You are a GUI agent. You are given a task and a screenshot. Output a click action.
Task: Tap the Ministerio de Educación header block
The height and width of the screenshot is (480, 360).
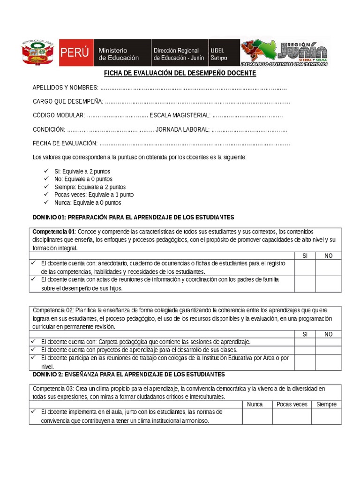pyautogui.click(x=119, y=53)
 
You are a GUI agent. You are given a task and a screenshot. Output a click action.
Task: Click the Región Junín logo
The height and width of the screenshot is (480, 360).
pyautogui.click(x=284, y=53)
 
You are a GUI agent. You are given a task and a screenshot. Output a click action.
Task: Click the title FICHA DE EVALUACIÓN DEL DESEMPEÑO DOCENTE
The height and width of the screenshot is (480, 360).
pyautogui.click(x=180, y=74)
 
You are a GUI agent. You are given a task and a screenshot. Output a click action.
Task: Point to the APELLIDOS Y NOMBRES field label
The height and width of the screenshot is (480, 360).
pyautogui.click(x=65, y=88)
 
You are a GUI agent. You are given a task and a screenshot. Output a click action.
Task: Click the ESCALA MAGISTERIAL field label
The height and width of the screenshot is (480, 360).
pyautogui.click(x=180, y=115)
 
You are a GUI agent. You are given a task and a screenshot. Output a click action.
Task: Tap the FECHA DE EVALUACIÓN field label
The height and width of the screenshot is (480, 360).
pyautogui.click(x=65, y=143)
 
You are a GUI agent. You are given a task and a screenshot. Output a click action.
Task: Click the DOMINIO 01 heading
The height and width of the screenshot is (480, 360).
pyautogui.click(x=133, y=217)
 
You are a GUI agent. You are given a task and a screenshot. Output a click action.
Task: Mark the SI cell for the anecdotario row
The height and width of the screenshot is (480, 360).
pyautogui.click(x=305, y=267)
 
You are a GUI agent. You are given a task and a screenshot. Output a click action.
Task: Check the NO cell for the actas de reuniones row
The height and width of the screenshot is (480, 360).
pyautogui.click(x=328, y=284)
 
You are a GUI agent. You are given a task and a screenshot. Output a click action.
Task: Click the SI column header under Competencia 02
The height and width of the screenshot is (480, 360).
pyautogui.click(x=305, y=334)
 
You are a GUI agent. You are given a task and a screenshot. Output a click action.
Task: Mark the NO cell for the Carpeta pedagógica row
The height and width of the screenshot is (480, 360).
pyautogui.click(x=328, y=342)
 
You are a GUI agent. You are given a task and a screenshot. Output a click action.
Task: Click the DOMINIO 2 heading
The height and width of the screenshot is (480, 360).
pyautogui.click(x=128, y=374)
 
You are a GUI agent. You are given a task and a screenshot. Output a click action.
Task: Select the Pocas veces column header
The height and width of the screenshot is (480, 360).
pyautogui.click(x=292, y=404)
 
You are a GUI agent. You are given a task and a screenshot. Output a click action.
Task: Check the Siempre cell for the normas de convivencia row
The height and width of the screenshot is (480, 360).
pyautogui.click(x=326, y=416)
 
